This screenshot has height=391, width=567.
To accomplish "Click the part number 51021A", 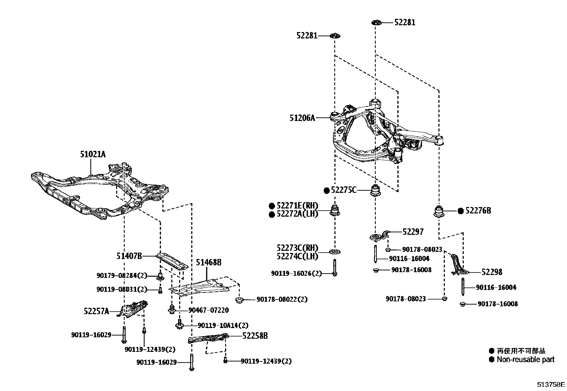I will click(x=93, y=154).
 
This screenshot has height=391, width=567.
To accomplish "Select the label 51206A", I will click(x=302, y=118).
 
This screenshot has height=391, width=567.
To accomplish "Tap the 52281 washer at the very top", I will click(x=376, y=22).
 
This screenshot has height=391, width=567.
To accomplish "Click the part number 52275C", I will click(x=343, y=190).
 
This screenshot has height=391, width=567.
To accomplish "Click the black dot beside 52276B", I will click(x=461, y=211).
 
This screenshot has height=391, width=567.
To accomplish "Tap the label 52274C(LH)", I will click(x=297, y=256).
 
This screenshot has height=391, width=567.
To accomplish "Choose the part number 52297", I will click(x=413, y=232).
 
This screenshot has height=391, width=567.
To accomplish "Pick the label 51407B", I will click(x=129, y=256).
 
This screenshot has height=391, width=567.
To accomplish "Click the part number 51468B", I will click(x=209, y=263).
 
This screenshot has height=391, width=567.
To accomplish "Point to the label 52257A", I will click(x=96, y=311).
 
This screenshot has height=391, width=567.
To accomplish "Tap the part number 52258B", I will click(x=255, y=335).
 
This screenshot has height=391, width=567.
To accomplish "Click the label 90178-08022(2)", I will click(x=282, y=300).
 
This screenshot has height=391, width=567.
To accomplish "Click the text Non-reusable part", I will click(x=525, y=360).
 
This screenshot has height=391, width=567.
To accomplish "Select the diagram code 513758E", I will click(x=551, y=385).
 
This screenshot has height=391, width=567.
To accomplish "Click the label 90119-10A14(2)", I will click(x=223, y=325).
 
